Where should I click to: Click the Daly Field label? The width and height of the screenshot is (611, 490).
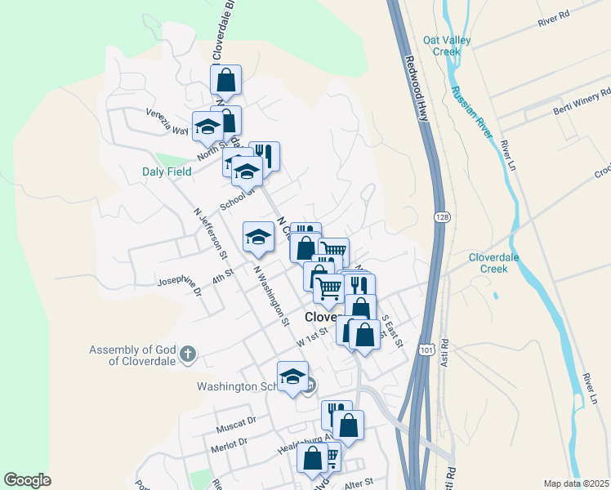click(x=167, y=171)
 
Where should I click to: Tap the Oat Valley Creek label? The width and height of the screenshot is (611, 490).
click(x=442, y=45)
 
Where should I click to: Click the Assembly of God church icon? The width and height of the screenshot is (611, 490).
click(x=187, y=354)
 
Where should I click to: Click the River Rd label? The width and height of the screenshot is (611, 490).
click(x=553, y=20)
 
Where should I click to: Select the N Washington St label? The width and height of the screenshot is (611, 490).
click(x=271, y=295)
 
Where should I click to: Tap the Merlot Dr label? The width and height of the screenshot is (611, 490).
click(x=231, y=442)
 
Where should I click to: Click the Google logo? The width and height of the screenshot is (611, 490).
click(x=27, y=480)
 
